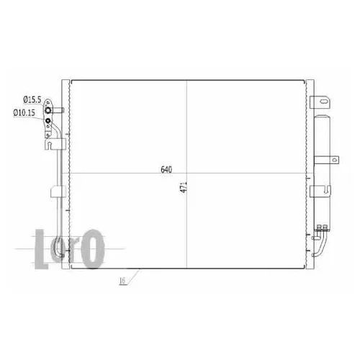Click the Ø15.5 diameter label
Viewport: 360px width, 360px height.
(x=32, y=99)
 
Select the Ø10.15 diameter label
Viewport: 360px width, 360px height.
(x=24, y=112)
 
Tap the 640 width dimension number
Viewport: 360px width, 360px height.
(x=166, y=170)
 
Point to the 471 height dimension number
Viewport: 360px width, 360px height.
(x=184, y=187)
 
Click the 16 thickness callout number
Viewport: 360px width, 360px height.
(x=122, y=281)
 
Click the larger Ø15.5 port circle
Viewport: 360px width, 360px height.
(x=48, y=110)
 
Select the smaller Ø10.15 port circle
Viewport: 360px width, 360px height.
(x=48, y=120)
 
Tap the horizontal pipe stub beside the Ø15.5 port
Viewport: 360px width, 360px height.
(x=58, y=110)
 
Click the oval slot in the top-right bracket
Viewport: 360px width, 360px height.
(x=323, y=102)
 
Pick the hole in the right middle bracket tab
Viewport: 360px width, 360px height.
(x=334, y=160)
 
